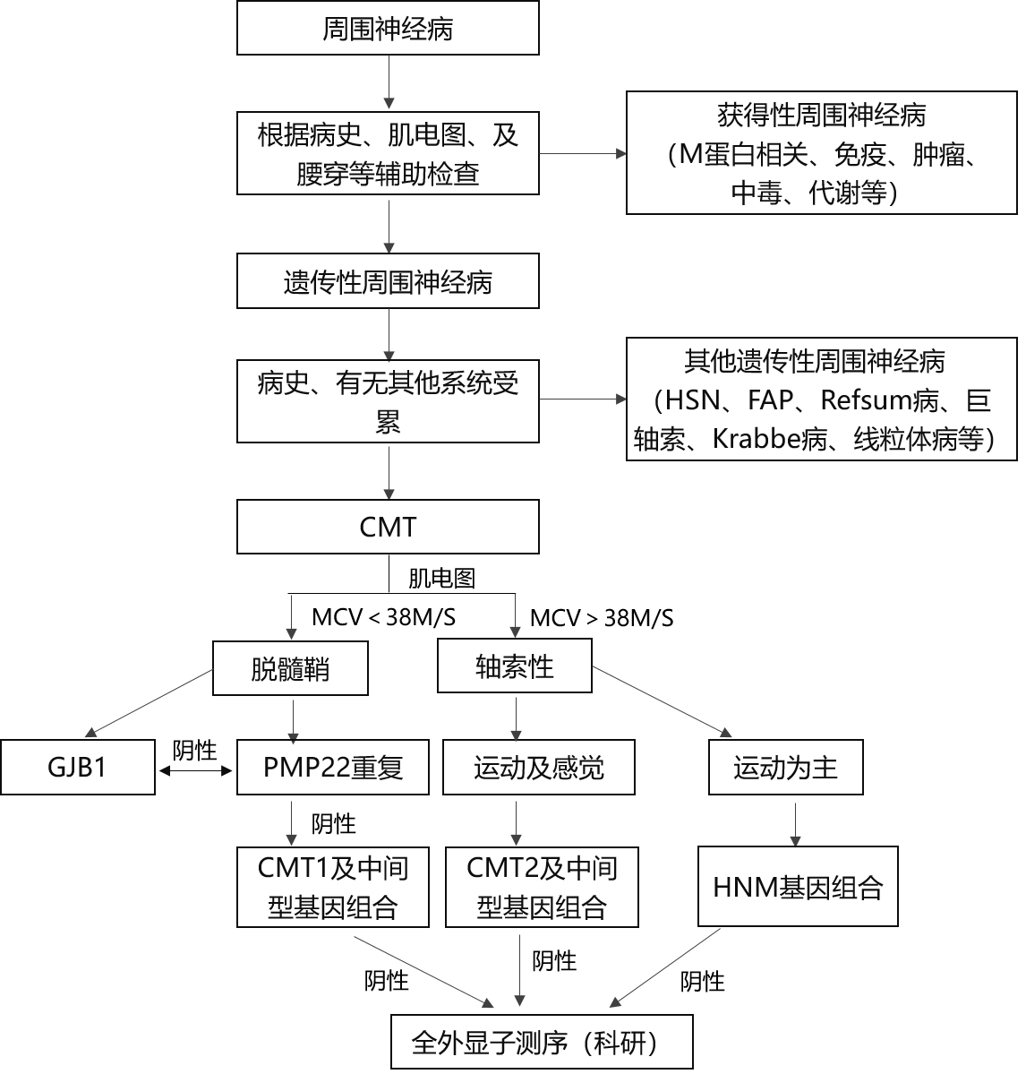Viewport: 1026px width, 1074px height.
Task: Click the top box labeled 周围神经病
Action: point(388,28)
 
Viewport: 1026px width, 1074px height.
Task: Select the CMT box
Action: point(388,527)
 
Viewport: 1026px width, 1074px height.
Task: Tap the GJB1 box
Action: point(78,767)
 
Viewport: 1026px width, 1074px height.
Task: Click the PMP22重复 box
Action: point(333,767)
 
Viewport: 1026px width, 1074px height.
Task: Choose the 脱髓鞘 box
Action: point(290,668)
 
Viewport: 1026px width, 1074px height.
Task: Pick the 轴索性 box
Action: point(515,666)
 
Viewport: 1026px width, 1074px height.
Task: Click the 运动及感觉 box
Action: point(539,767)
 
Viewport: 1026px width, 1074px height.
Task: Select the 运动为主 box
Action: point(786,767)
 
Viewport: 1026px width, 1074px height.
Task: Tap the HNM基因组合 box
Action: point(798,886)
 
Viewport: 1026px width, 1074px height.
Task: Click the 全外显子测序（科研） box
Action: point(542,1042)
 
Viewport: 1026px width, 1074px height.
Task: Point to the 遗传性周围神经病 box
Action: point(388,281)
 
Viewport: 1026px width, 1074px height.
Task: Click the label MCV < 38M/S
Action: point(384,617)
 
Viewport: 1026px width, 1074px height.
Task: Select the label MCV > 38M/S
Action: point(602,618)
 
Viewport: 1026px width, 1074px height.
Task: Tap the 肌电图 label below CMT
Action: point(441,578)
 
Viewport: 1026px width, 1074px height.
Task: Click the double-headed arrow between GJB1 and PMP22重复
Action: point(196,771)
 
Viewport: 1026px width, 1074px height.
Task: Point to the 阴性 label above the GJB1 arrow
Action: point(194,750)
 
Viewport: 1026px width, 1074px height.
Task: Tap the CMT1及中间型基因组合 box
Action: point(333,888)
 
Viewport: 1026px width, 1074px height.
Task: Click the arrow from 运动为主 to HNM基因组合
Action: point(795,824)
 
